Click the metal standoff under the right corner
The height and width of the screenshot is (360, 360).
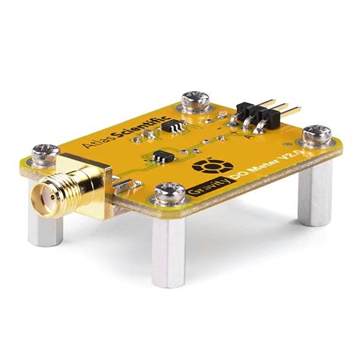coord(312,190)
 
